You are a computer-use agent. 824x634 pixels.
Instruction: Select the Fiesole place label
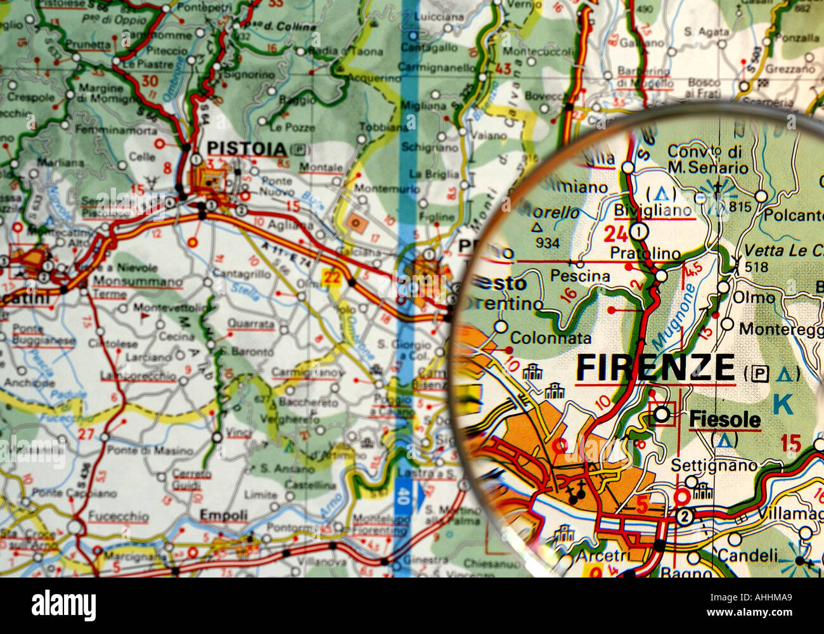[x=724, y=419]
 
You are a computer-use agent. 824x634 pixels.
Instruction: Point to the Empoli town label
[x=223, y=515]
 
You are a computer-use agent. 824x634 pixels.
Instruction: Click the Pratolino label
[x=645, y=254]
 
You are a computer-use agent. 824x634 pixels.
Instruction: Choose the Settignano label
[x=714, y=465]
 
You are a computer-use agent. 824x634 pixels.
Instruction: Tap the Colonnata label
[x=550, y=339]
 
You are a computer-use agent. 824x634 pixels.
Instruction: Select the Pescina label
[x=580, y=276]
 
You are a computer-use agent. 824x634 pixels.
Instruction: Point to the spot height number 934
[x=547, y=243]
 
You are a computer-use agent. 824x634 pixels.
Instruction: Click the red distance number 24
[x=615, y=235]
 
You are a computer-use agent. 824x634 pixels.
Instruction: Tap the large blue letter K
[x=783, y=404]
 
